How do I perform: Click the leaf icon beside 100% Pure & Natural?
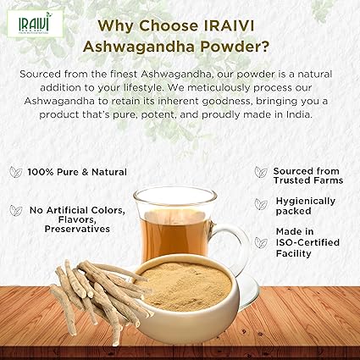click(x=15, y=172)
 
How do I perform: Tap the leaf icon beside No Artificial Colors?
click(x=15, y=210)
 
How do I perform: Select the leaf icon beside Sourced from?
click(x=261, y=172)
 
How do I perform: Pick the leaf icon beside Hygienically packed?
click(x=261, y=204)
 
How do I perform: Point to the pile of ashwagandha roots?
click(x=93, y=291)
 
